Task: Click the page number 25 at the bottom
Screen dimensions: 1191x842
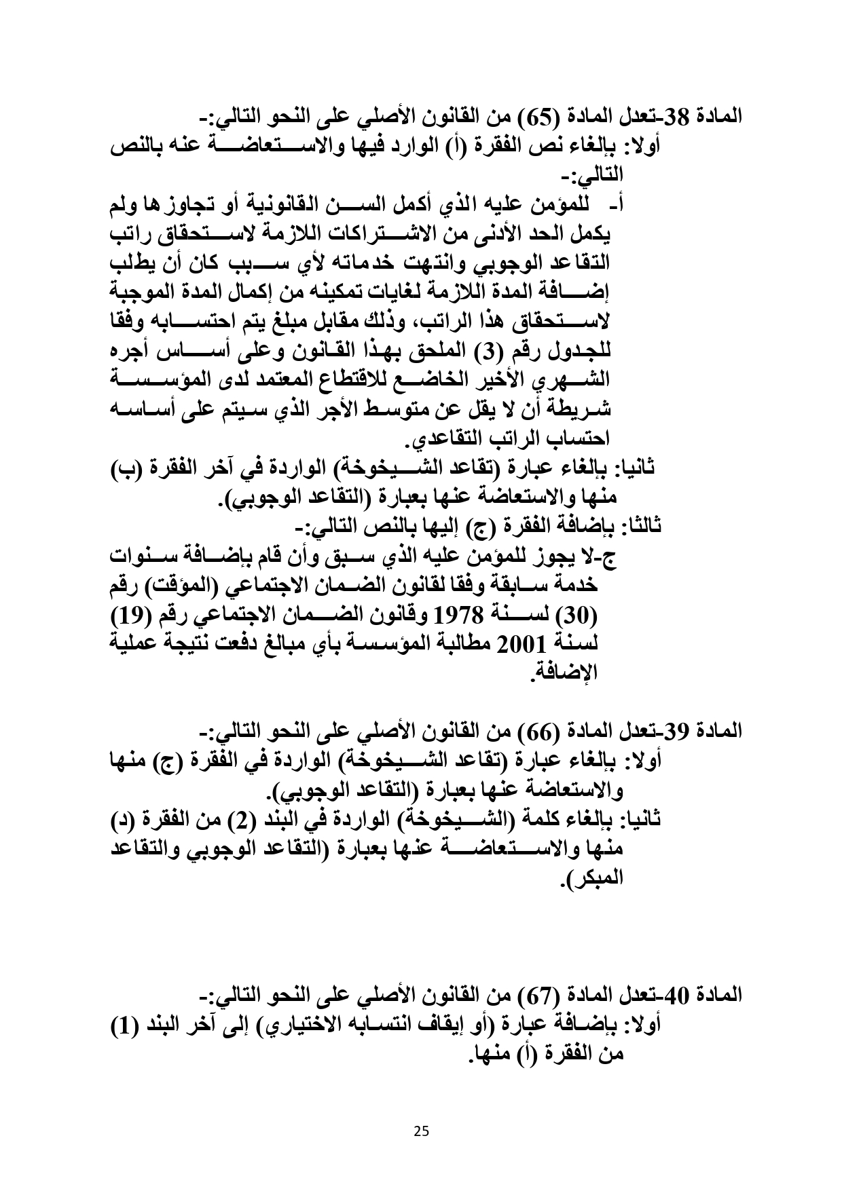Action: (421, 1131)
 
